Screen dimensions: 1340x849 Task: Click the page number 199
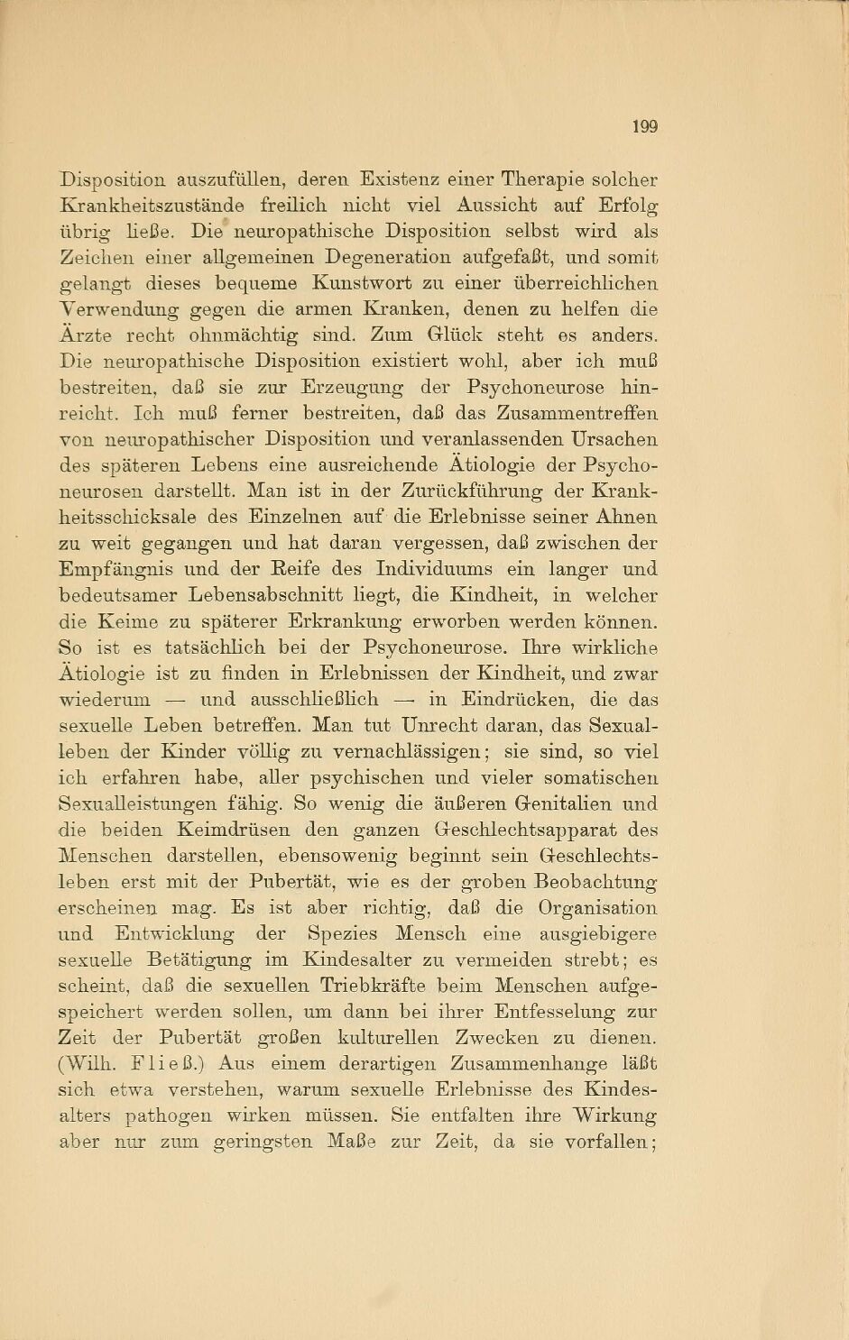(x=644, y=126)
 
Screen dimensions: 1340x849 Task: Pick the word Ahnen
(x=628, y=518)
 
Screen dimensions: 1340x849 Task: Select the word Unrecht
(x=438, y=726)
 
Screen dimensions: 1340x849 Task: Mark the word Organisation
(x=597, y=908)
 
